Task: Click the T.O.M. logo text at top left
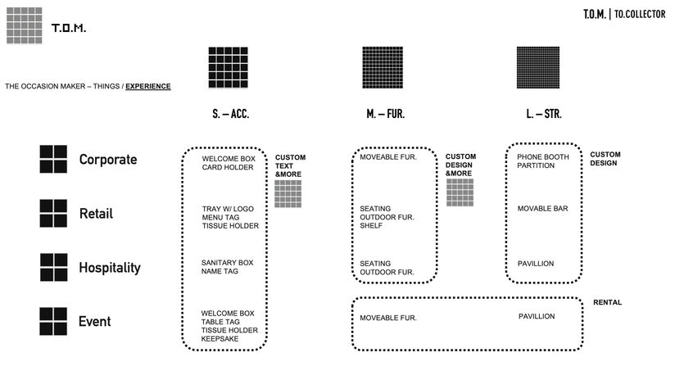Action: tap(69, 29)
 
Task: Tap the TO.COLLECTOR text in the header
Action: tap(642, 15)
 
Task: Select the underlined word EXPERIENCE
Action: tap(148, 86)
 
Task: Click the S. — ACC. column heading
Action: tap(224, 115)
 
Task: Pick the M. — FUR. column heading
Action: tap(385, 115)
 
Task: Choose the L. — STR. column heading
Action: tap(544, 115)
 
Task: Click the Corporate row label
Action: tap(108, 160)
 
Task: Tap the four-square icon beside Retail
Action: tap(53, 213)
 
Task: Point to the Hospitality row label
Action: tap(110, 268)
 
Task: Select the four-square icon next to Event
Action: tap(53, 321)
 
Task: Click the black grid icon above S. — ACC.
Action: tap(228, 67)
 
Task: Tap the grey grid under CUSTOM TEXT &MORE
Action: tap(288, 194)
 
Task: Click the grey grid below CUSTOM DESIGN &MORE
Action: tap(460, 192)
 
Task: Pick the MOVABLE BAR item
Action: tap(542, 209)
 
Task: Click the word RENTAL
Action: tap(607, 303)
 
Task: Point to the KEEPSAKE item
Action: tap(220, 338)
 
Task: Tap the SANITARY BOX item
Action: tap(228, 262)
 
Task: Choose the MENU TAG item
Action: tap(222, 217)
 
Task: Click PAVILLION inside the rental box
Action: tap(537, 316)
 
